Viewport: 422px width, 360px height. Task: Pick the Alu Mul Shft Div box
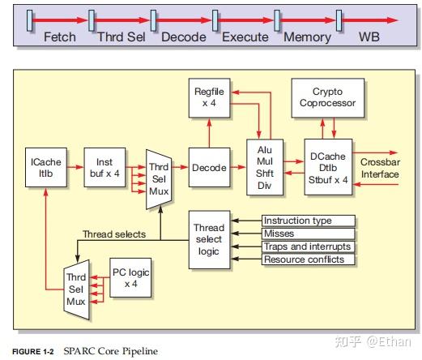tap(264, 165)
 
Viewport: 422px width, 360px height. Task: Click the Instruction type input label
tap(308, 221)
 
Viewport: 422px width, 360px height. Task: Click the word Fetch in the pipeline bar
tap(59, 36)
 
